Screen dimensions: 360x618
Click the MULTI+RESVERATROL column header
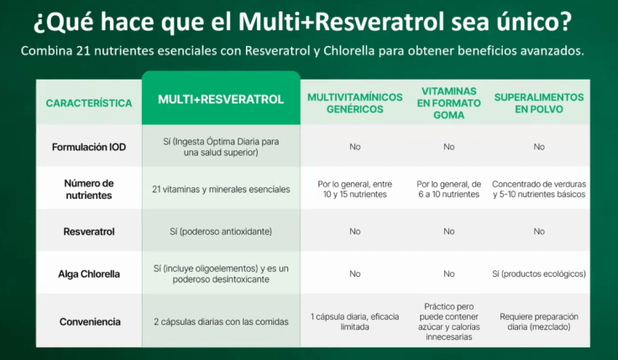[x=221, y=99]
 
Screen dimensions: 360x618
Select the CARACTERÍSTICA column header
[x=88, y=103]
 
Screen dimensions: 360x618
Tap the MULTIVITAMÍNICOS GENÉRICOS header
[x=354, y=103]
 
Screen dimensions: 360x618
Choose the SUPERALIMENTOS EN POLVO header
[x=538, y=103]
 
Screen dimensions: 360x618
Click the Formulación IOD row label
[x=88, y=147]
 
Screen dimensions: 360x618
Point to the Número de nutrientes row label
[x=88, y=189]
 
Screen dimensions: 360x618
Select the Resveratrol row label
[x=88, y=231]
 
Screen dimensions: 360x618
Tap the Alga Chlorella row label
[x=88, y=274]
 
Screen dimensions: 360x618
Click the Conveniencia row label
[x=88, y=321]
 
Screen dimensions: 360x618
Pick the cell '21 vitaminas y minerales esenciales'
[x=221, y=189]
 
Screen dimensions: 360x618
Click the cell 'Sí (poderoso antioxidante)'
[x=221, y=231]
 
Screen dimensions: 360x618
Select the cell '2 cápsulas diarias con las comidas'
[x=221, y=321]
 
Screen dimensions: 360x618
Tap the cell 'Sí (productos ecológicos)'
[x=538, y=274]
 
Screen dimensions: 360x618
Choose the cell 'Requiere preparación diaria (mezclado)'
[x=538, y=321]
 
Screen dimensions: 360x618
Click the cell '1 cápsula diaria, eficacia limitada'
[x=354, y=321]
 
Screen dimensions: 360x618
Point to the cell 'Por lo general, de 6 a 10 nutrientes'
[x=448, y=189]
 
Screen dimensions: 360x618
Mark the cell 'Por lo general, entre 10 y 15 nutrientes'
[x=354, y=189]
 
